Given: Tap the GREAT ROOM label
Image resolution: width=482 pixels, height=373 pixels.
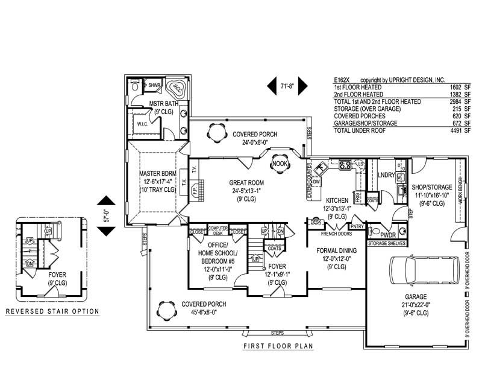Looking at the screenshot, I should click(247, 182).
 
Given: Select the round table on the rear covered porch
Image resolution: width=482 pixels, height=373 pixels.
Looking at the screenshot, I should click(215, 130).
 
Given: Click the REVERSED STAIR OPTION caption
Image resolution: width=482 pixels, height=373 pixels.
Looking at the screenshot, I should click(52, 311).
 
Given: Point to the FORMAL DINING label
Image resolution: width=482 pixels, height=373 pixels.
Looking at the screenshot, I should click(333, 250).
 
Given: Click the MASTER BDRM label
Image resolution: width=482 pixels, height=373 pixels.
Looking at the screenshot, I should click(157, 174).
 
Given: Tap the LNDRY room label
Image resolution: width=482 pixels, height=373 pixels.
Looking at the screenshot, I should click(387, 175).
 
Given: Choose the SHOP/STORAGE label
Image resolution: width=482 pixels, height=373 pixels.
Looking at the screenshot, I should click(432, 187).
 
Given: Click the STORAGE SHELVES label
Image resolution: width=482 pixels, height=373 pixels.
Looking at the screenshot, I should click(386, 243).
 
